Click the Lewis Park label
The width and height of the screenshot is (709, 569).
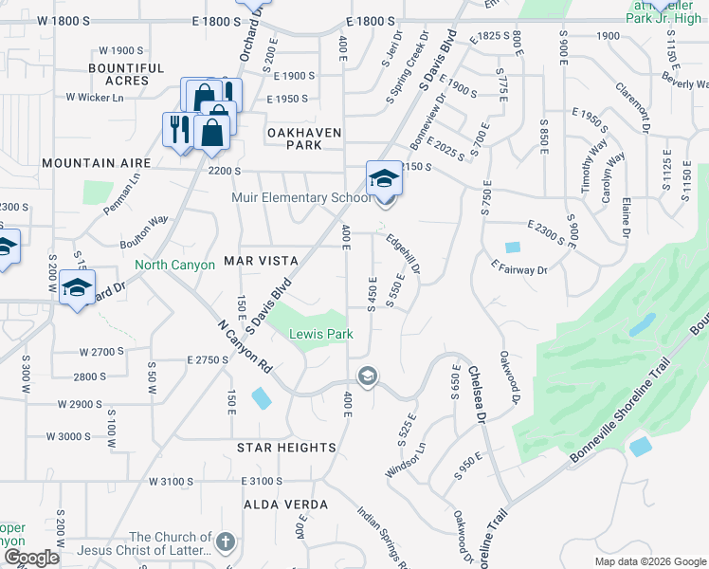(320, 334)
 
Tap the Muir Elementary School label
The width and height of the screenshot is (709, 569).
(301, 197)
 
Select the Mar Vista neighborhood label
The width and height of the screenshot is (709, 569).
(261, 260)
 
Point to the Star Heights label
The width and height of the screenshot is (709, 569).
(286, 447)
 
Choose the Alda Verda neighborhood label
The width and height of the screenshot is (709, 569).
(286, 505)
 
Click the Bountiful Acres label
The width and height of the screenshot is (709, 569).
(126, 74)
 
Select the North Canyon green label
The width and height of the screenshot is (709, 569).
(174, 266)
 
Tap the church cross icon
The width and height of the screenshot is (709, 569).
(224, 542)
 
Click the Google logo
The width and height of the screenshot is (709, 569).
(30, 558)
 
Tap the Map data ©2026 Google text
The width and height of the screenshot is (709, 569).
(649, 561)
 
